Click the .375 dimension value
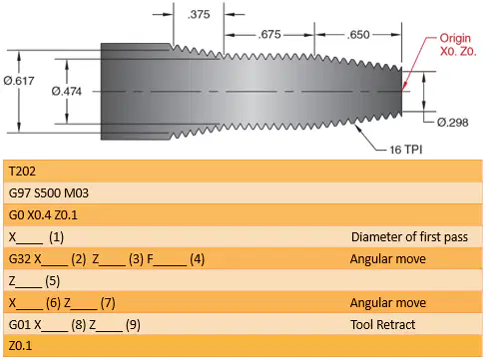click(x=199, y=14)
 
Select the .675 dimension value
click(x=269, y=34)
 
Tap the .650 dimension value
click(x=358, y=35)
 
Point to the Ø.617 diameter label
click(x=19, y=81)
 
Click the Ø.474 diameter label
click(x=67, y=91)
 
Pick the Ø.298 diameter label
click(x=453, y=123)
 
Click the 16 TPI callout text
click(x=406, y=150)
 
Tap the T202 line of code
click(x=22, y=172)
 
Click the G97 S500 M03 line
click(x=49, y=193)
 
